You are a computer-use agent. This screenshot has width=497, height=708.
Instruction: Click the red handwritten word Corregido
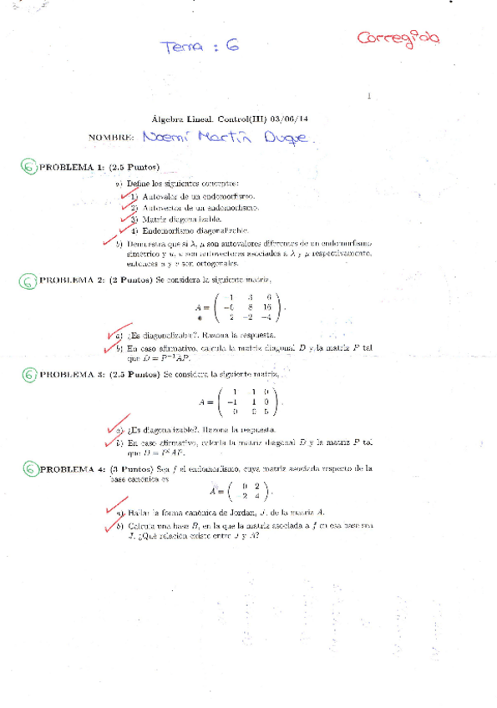click(x=398, y=38)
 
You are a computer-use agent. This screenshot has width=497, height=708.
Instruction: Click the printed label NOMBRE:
click(x=111, y=137)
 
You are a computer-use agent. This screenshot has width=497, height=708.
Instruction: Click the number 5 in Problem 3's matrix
click(x=266, y=411)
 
